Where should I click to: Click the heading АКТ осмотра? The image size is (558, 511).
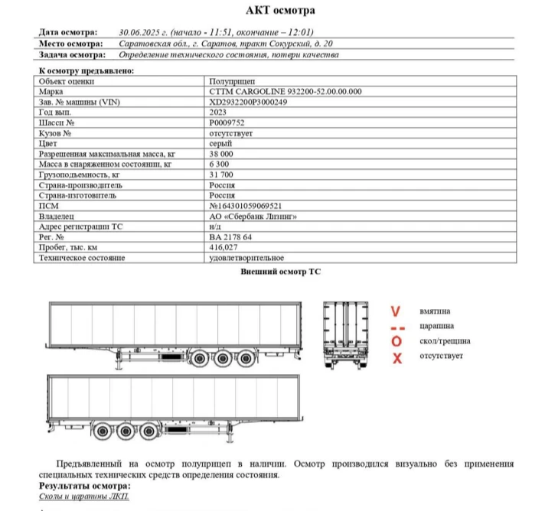point(279,11)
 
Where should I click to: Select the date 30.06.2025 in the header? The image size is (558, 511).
point(144,33)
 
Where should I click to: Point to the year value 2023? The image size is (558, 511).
point(217,112)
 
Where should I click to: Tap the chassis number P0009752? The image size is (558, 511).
point(227,122)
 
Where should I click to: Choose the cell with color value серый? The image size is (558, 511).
point(220,143)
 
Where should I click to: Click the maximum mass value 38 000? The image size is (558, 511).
point(223,154)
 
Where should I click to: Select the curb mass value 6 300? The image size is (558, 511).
point(219,164)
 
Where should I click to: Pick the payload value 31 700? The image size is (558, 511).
point(221,174)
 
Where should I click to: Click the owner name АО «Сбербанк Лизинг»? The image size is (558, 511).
point(252,216)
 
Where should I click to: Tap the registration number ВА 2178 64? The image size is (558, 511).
point(230,237)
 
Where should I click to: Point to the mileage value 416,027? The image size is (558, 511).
point(224,248)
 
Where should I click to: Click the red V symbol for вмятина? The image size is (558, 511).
point(396,312)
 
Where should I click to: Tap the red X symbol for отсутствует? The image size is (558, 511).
point(396,358)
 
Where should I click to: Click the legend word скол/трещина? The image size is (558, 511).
point(445,341)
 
